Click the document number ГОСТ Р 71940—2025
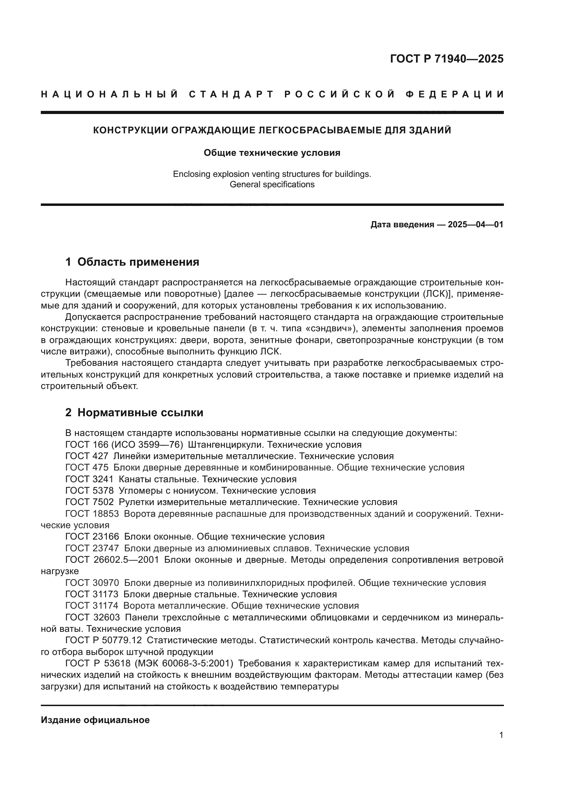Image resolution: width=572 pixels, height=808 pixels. pyautogui.click(x=446, y=59)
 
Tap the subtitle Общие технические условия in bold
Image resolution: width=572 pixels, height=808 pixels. pyautogui.click(x=272, y=153)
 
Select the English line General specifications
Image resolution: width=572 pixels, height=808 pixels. pyautogui.click(x=272, y=184)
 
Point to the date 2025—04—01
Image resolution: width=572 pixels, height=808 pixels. pyautogui.click(x=476, y=225)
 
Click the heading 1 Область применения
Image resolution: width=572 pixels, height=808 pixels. pyautogui.click(x=132, y=262)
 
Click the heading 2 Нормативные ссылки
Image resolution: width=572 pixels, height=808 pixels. pyautogui.click(x=134, y=412)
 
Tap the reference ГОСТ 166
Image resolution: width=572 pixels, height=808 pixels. pyautogui.click(x=87, y=445)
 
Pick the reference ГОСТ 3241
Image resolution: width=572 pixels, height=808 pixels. pyautogui.click(x=90, y=479)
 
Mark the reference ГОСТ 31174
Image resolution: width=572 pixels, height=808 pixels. pyautogui.click(x=92, y=606)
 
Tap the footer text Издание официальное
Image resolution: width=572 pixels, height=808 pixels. pyautogui.click(x=95, y=720)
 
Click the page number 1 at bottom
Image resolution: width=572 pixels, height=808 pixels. pyautogui.click(x=501, y=735)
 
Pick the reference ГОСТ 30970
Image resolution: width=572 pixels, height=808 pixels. pyautogui.click(x=92, y=583)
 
